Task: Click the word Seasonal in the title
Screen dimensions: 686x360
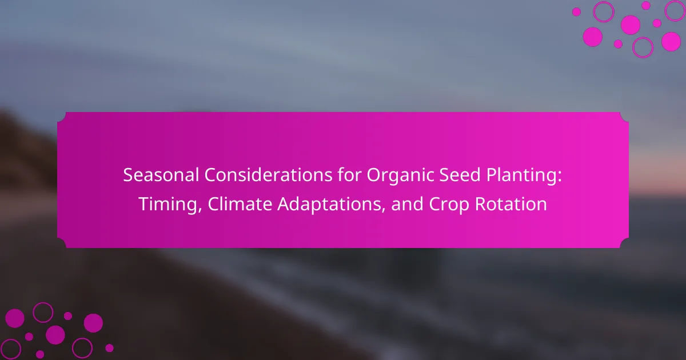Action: tap(161, 175)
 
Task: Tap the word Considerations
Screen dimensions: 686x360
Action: tap(268, 175)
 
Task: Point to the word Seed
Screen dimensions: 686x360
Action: tap(460, 175)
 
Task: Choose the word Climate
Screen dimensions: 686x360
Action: tap(240, 204)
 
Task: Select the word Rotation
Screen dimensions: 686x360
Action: tap(511, 204)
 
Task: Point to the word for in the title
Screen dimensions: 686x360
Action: tap(349, 175)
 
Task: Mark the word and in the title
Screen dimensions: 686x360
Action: tap(407, 204)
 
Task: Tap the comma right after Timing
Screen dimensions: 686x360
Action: tap(200, 210)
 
